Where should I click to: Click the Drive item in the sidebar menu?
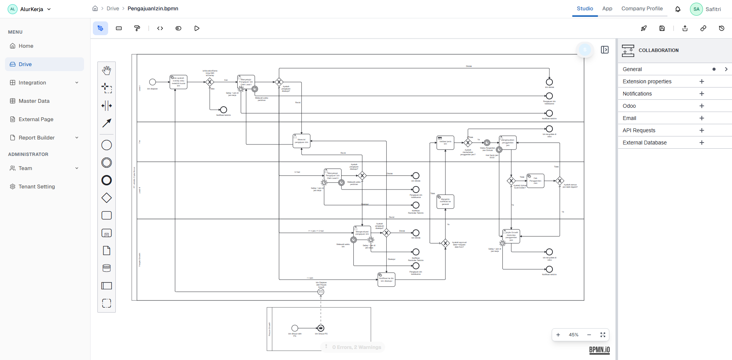point(25,64)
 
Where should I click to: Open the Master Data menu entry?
point(34,101)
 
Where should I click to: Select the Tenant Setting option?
point(37,186)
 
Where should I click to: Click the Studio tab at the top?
point(585,8)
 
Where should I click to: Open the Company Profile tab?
point(642,8)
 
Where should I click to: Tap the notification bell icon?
point(678,9)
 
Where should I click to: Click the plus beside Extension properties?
point(701,81)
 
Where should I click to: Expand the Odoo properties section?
point(701,106)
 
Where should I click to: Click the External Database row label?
point(645,143)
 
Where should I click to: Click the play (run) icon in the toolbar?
point(197,28)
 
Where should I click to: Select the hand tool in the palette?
point(107,70)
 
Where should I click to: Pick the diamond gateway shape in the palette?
point(107,198)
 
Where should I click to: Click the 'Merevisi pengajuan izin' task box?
point(301,141)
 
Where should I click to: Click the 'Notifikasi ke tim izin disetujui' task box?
point(386,279)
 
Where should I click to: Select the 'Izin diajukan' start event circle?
point(152,82)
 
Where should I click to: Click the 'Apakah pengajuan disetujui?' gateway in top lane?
point(279,82)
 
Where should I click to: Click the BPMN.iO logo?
point(599,350)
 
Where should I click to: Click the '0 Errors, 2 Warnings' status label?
point(356,347)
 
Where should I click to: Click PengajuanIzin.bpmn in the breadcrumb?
point(153,8)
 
